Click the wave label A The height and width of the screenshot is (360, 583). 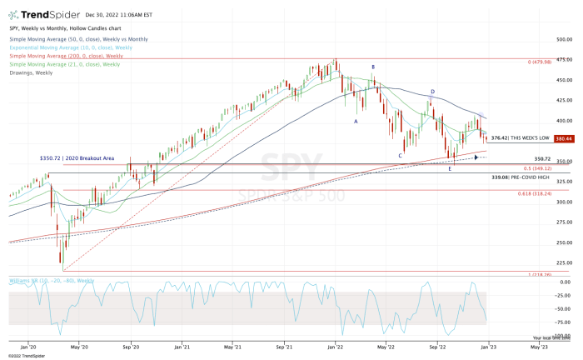[x=356, y=121]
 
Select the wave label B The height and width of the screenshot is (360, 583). [x=372, y=67]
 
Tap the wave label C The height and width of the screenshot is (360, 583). [x=400, y=155]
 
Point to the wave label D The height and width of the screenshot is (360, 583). [x=432, y=92]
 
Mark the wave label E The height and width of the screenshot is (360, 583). [x=450, y=168]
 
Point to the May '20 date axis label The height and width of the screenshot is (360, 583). [x=80, y=346]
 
